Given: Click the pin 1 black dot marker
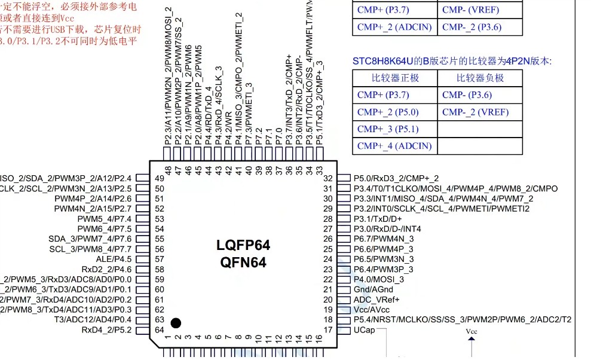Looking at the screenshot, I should point(175,323).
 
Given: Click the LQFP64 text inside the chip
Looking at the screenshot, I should point(243,245).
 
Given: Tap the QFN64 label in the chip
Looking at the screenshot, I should point(243,262).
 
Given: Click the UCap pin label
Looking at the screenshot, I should point(364,330).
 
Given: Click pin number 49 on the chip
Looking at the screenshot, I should point(159,178).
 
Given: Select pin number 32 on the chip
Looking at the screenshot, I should point(327,178).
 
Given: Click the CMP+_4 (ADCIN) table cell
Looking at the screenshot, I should point(394,146).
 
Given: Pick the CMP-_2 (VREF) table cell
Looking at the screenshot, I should point(476,112).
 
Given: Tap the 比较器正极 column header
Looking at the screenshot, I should point(395,78).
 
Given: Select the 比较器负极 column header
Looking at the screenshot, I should point(480,78).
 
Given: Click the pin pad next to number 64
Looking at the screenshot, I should point(142,330).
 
